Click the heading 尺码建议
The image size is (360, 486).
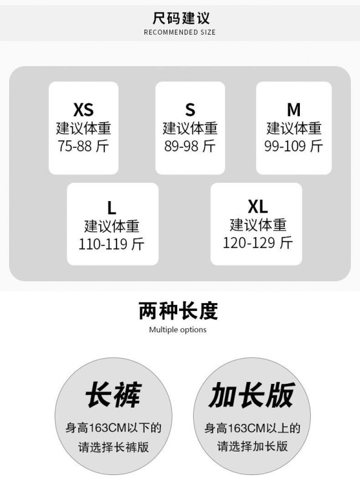[x=181, y=18]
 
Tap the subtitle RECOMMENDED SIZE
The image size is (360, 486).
[x=180, y=32]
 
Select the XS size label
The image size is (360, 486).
[x=83, y=109]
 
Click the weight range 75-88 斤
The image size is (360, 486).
[x=83, y=146]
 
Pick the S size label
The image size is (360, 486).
[x=190, y=109]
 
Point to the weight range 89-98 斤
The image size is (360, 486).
[x=190, y=146]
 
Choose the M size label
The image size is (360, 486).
[x=294, y=109]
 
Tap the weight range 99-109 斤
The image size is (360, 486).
[x=294, y=146]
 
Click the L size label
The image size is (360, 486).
[x=112, y=207]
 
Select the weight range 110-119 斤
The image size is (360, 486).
[x=112, y=244]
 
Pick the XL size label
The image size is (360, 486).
[x=258, y=207]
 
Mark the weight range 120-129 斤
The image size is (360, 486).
[x=258, y=242]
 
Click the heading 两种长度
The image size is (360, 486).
[x=178, y=310]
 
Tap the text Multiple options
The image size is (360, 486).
[x=178, y=330]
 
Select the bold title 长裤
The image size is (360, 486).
[x=114, y=394]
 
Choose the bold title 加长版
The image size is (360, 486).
[x=251, y=394]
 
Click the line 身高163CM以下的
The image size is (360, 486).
[x=114, y=428]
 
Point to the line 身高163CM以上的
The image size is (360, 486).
[x=252, y=428]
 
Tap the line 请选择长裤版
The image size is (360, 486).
[x=114, y=447]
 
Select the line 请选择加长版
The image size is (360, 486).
[x=252, y=447]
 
